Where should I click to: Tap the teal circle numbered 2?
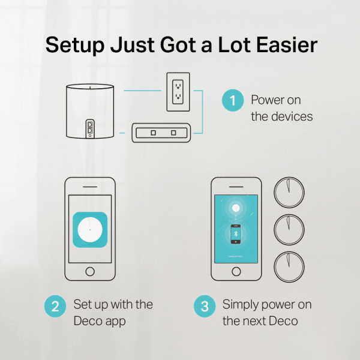(55, 307)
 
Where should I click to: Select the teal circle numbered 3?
(205, 307)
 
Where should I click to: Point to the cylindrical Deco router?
(91, 112)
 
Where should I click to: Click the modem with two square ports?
(161, 132)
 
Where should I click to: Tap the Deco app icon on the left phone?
(89, 230)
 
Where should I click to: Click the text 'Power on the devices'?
(281, 108)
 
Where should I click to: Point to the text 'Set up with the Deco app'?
(113, 313)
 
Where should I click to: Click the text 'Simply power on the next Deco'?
(266, 313)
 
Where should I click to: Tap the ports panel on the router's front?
(91, 127)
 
